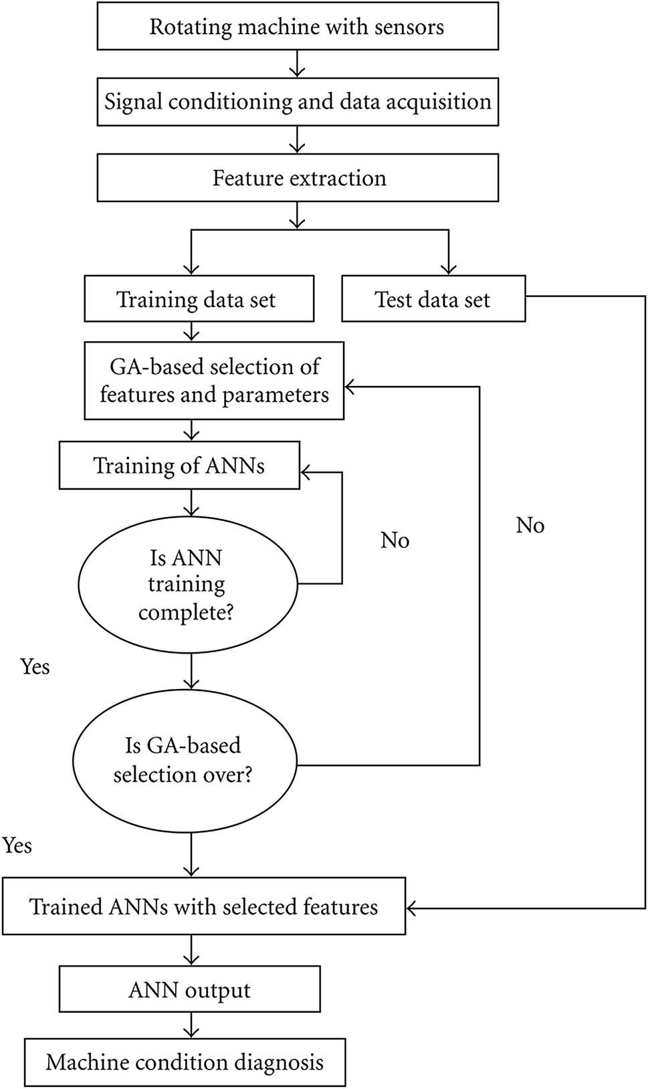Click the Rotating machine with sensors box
[298, 27]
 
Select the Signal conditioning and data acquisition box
[298, 102]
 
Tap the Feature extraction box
[298, 178]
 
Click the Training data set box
[199, 299]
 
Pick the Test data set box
[433, 299]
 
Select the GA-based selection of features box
[214, 381]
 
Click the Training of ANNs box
[179, 466]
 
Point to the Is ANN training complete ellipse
[187, 585]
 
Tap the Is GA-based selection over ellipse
[184, 761]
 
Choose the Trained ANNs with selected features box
[204, 906]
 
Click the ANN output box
[189, 989]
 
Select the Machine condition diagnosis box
[185, 1062]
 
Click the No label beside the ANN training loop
[395, 540]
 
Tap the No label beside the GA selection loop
[530, 525]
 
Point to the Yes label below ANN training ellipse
[35, 667]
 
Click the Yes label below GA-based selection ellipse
[17, 846]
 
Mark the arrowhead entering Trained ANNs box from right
[412, 908]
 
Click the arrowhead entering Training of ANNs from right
[306, 473]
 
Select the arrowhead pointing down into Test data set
[449, 269]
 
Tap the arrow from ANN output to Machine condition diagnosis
[192, 1025]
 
